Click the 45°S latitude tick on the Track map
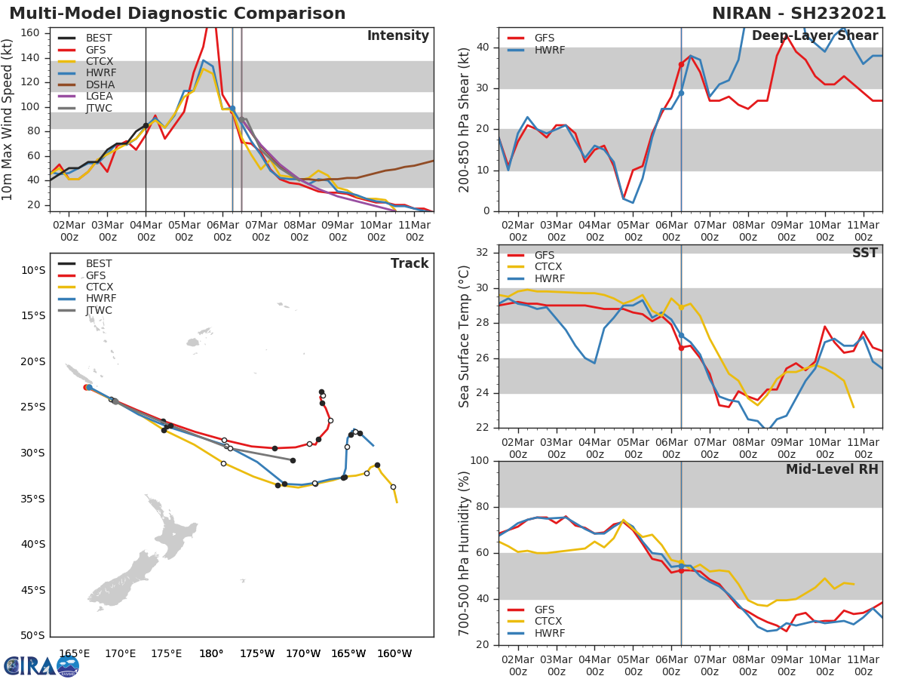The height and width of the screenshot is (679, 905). click(x=32, y=590)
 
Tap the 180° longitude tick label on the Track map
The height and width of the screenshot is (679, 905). click(x=211, y=653)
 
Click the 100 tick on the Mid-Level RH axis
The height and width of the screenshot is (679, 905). click(x=480, y=461)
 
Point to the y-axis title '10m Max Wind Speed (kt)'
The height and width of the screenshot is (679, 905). click(x=8, y=119)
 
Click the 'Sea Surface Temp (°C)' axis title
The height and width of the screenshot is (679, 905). click(x=465, y=336)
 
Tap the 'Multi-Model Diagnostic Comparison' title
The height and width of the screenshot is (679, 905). click(x=177, y=14)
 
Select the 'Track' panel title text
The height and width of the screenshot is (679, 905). click(x=410, y=263)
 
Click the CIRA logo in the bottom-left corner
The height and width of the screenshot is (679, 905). click(x=41, y=665)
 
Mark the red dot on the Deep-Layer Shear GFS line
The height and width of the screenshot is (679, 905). click(x=681, y=65)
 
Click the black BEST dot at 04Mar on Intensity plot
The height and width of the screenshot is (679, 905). click(x=146, y=126)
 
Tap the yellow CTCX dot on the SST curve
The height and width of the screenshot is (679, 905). click(x=681, y=308)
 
